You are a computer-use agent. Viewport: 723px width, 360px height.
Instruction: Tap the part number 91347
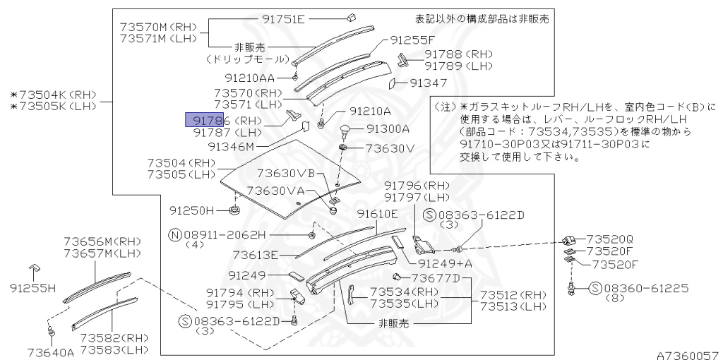click(429, 83)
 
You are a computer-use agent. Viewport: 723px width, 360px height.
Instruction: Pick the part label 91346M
click(230, 146)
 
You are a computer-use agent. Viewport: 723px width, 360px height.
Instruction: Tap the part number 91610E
click(378, 214)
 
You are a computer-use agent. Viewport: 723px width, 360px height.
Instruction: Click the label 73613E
click(256, 255)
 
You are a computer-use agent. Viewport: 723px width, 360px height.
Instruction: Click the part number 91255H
click(32, 288)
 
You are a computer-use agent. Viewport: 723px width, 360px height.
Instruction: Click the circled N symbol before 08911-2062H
click(174, 234)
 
